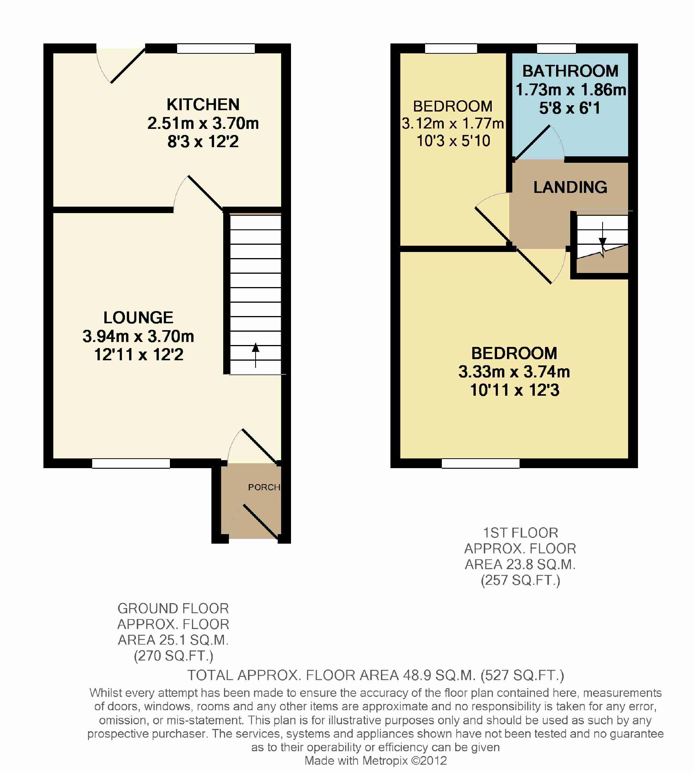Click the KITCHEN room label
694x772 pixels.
203,104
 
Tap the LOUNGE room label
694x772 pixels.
138,318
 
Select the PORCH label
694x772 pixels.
264,487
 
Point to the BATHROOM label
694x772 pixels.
570,71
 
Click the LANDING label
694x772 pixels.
570,187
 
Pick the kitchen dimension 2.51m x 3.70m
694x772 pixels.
203,123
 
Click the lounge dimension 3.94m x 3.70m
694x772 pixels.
138,336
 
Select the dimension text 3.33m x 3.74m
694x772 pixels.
514,372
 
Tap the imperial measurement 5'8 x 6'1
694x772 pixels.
570,108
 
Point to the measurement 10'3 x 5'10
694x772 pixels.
453,141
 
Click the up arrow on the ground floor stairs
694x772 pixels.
256,355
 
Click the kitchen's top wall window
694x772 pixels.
216,48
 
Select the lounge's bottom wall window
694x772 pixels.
131,463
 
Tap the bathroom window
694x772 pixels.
556,48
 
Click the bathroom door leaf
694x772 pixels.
532,142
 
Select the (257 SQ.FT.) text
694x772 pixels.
520,581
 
